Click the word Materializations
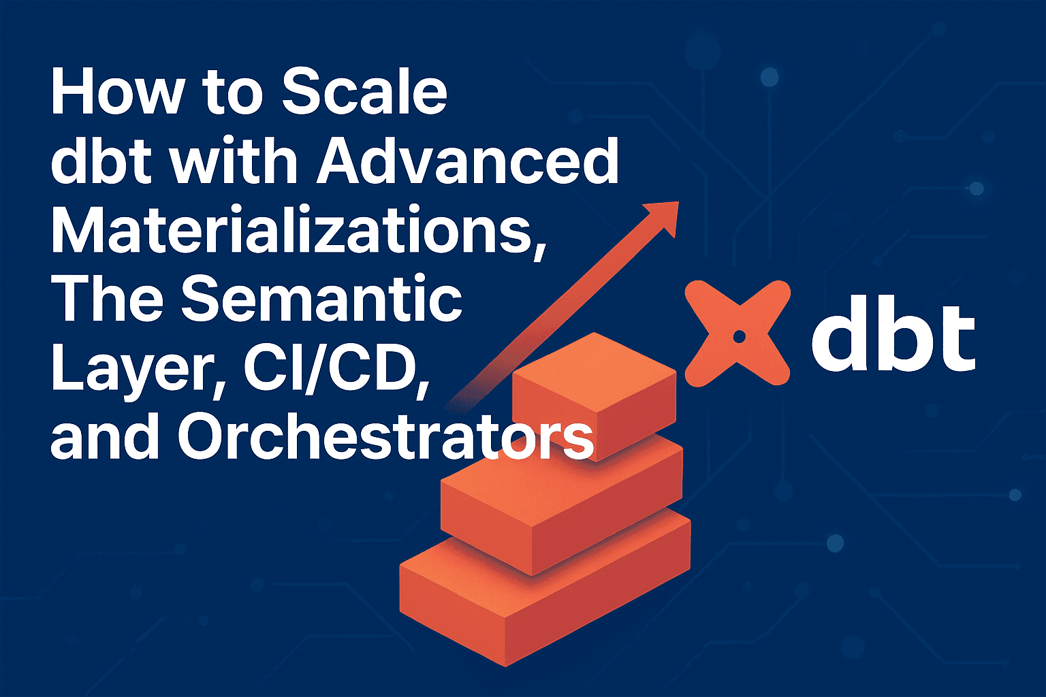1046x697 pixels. tap(298, 229)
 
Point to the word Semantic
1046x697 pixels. tap(321, 299)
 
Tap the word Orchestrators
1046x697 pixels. tap(385, 437)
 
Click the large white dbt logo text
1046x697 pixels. tap(893, 337)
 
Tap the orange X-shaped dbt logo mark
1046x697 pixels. tap(738, 334)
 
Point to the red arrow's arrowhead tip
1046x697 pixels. tap(678, 201)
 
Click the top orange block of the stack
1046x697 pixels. tap(595, 397)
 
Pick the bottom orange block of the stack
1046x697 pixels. tap(545, 588)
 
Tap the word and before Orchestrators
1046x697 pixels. tap(105, 436)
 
